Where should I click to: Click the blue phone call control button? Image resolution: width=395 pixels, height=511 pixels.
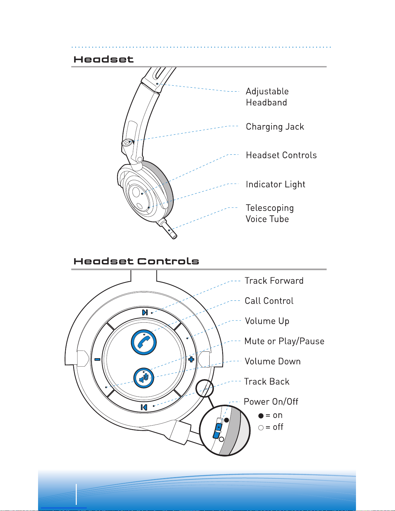tap(144, 342)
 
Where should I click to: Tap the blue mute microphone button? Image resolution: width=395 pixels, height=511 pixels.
tap(144, 378)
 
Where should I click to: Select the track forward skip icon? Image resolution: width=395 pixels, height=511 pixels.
tap(145, 312)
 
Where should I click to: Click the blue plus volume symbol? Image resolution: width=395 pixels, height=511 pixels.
tap(191, 359)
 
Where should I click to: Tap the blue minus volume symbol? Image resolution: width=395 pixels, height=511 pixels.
tap(97, 359)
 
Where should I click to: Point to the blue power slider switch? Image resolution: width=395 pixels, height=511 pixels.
tap(218, 428)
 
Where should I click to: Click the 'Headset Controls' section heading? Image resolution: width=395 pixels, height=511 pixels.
tap(136, 261)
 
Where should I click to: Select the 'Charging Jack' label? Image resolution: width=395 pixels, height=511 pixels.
tap(275, 127)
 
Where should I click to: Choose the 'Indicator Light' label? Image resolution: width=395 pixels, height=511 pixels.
tap(275, 184)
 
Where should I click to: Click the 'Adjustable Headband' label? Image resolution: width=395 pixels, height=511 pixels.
tap(267, 97)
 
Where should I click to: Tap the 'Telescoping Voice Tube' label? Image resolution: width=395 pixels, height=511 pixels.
tap(270, 213)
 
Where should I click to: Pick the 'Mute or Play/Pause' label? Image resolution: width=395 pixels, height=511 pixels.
tap(284, 341)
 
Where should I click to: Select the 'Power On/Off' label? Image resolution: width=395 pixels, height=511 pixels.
tap(271, 402)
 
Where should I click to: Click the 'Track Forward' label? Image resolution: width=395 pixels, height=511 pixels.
tap(274, 281)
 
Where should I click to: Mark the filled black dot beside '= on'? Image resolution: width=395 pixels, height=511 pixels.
tap(261, 416)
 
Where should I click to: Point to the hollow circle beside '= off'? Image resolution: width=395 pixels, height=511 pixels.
tap(261, 428)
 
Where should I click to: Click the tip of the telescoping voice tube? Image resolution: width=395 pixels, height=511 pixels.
tap(174, 236)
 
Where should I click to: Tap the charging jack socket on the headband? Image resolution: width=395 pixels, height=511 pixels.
tap(128, 142)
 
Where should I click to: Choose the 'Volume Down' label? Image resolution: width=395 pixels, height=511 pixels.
tap(272, 361)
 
